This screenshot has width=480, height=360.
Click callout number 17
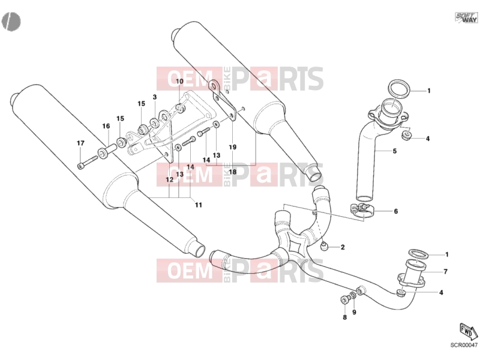pyautogui.click(x=80, y=143)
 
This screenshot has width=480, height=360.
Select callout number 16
pyautogui.click(x=106, y=126)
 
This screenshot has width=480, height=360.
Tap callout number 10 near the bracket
pyautogui.click(x=179, y=81)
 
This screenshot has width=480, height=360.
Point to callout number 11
pyautogui.click(x=199, y=205)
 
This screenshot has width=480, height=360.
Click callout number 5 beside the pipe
pyautogui.click(x=395, y=151)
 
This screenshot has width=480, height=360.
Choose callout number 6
pyautogui.click(x=396, y=211)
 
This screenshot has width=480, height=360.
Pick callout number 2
pyautogui.click(x=343, y=247)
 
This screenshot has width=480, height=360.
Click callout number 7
pyautogui.click(x=445, y=272)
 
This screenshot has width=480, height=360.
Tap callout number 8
pyautogui.click(x=344, y=317)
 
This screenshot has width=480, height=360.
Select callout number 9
pyautogui.click(x=354, y=312)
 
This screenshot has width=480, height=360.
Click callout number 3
pyautogui.click(x=155, y=97)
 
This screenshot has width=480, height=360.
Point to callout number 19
pyautogui.click(x=233, y=147)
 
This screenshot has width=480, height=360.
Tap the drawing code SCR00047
pyautogui.click(x=464, y=344)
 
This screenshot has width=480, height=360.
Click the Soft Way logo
pyautogui.click(x=466, y=17)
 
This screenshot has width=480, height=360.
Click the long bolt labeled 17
pyautogui.click(x=87, y=162)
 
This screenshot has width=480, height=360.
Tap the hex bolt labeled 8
pyautogui.click(x=344, y=299)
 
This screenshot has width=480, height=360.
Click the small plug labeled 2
pyautogui.click(x=325, y=245)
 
